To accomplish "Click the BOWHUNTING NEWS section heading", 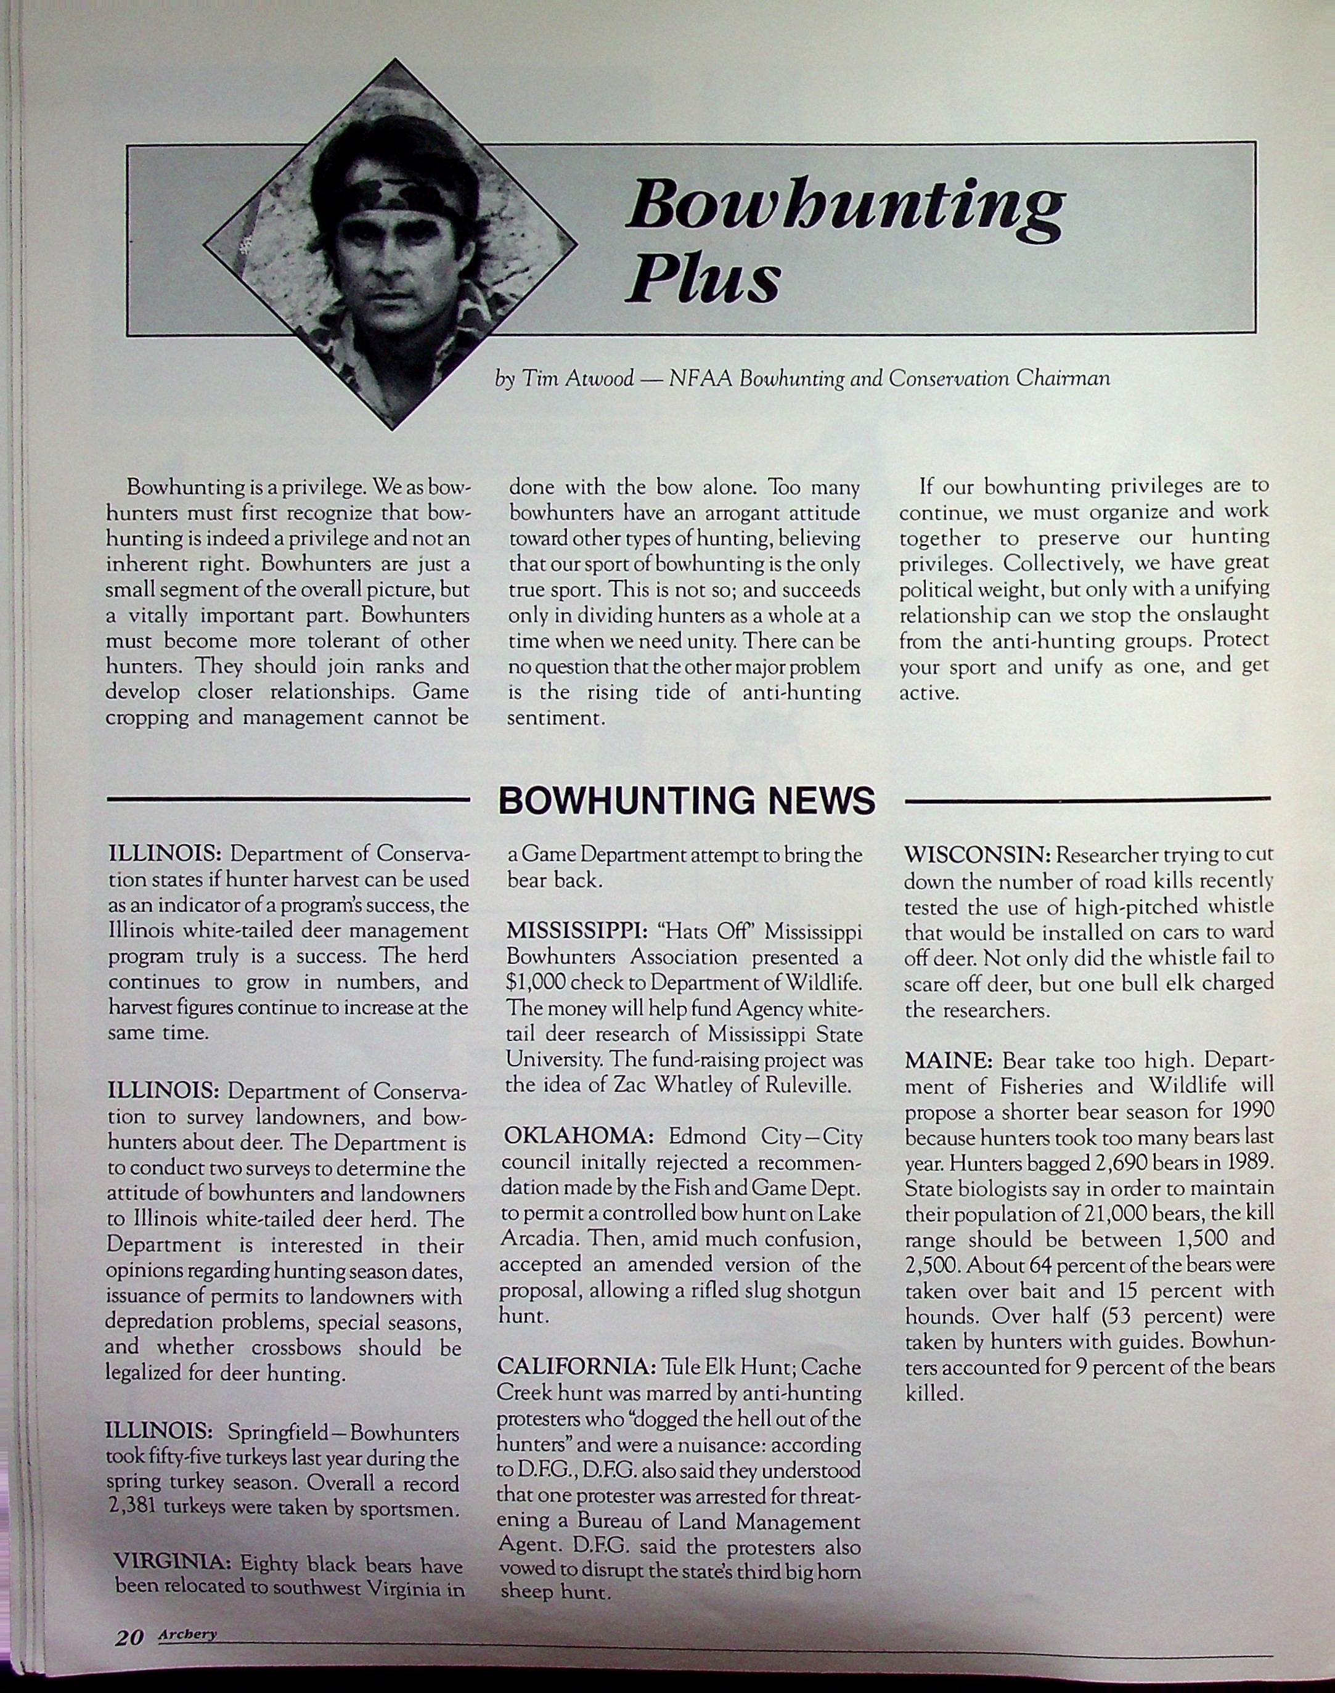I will point(686,801).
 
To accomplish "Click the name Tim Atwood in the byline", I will point(578,379).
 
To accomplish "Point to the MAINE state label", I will point(948,1061).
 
